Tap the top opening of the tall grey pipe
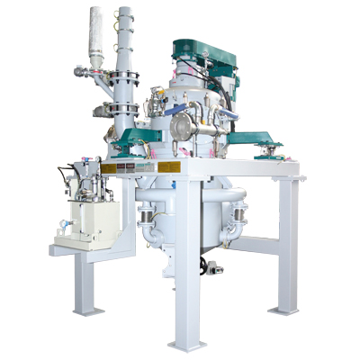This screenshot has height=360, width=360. click(x=123, y=12)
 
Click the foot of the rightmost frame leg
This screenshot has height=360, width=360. click(x=284, y=311)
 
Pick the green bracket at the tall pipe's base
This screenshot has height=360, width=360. click(x=131, y=135)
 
